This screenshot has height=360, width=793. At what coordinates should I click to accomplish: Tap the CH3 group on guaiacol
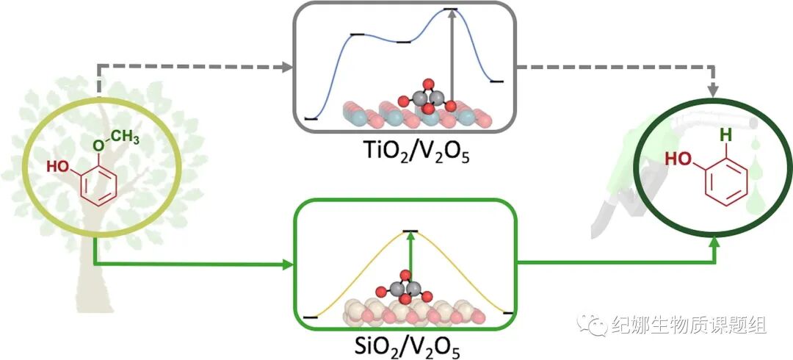coord(126,136)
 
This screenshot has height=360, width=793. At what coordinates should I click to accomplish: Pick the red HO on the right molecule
coord(677,157)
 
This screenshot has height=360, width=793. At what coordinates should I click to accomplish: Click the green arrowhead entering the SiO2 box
coord(288,264)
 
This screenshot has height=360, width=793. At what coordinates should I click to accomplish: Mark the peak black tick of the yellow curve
coord(410,232)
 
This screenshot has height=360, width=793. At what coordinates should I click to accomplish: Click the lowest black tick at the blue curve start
coord(311,118)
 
